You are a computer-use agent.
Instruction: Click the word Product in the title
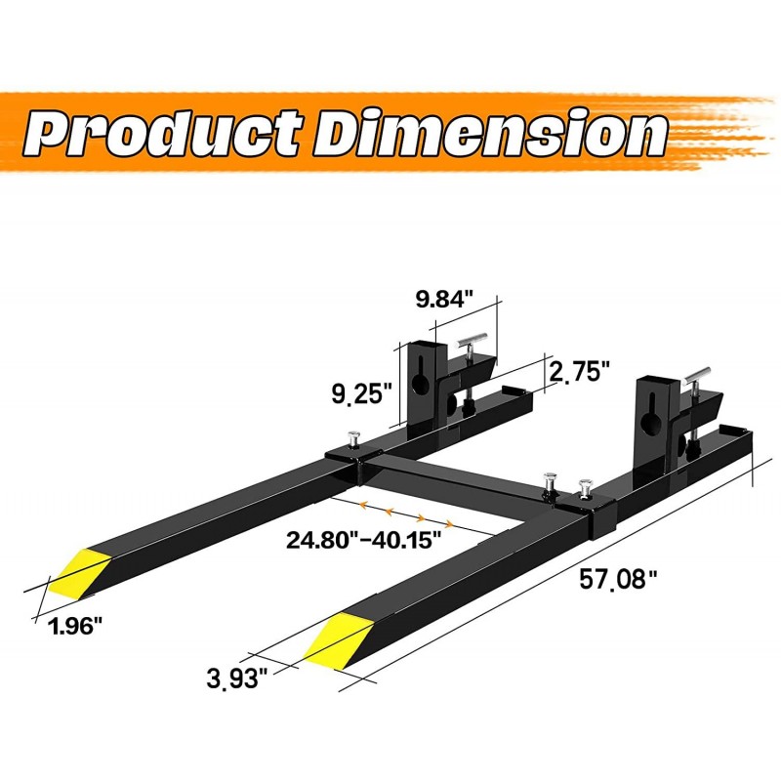click(x=162, y=134)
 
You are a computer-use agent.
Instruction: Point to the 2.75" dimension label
click(x=580, y=371)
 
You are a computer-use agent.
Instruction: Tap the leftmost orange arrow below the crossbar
click(x=363, y=506)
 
